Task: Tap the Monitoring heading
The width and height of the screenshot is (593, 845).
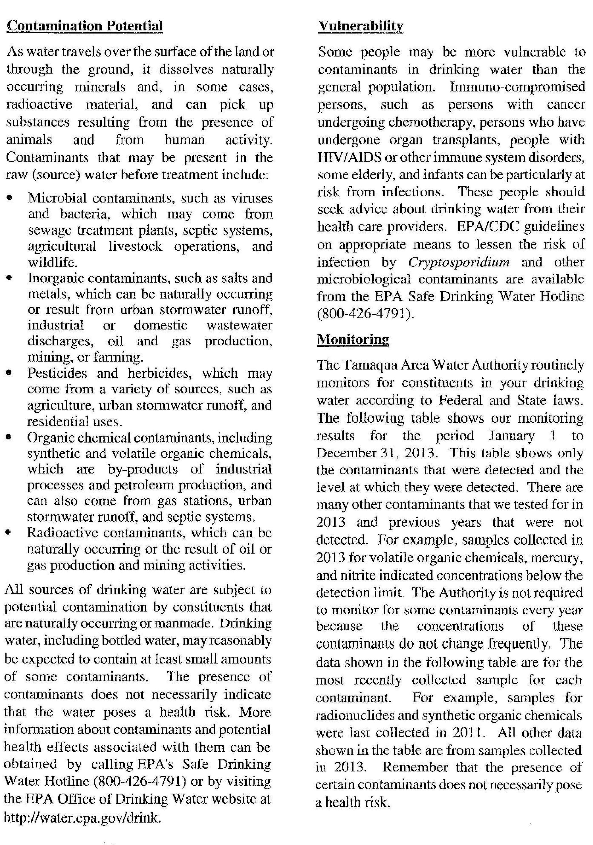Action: (x=353, y=339)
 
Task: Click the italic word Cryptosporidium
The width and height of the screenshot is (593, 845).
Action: (x=459, y=262)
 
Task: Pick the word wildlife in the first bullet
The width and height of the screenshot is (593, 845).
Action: (x=53, y=262)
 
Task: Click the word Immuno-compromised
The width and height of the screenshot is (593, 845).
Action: (x=517, y=87)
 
